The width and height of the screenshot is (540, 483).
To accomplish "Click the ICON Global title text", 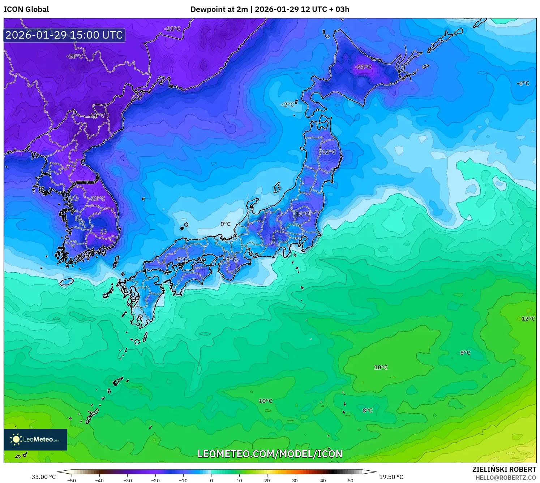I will pos(26,9).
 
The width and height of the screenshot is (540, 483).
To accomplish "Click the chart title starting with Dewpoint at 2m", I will pos(270,9).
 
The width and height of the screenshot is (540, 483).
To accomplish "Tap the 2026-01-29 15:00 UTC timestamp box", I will pos(64,35).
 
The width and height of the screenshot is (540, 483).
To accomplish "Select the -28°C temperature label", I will pos(75,56).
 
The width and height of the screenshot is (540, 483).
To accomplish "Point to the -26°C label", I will pos(97,116).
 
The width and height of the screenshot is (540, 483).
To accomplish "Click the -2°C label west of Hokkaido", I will pos(288,105).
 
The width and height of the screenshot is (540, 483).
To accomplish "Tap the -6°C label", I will pos(523,83).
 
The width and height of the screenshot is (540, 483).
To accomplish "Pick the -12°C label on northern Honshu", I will pos(328,152).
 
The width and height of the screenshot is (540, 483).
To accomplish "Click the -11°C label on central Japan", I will pos(301,214).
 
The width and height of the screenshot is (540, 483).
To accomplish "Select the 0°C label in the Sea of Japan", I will pos(226,224).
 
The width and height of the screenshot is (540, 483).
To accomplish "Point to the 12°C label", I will pos(528,319).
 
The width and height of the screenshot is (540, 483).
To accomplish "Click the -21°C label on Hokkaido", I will pos(363,67).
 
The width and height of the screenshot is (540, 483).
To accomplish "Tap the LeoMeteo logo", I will pos(35,439).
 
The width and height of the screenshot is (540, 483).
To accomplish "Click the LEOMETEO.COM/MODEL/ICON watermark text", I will pos(270,454).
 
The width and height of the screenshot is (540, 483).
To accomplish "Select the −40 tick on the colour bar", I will pos(99,480).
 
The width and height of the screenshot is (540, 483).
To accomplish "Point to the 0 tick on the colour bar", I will pos(211,480).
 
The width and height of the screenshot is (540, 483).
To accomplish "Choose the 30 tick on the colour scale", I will pos(295,480).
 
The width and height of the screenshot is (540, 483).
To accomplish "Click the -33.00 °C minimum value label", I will pos(42,477).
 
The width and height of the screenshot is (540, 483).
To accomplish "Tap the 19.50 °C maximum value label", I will pos(391,477).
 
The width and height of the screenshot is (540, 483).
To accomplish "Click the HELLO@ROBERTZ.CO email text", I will pos(506,478).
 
